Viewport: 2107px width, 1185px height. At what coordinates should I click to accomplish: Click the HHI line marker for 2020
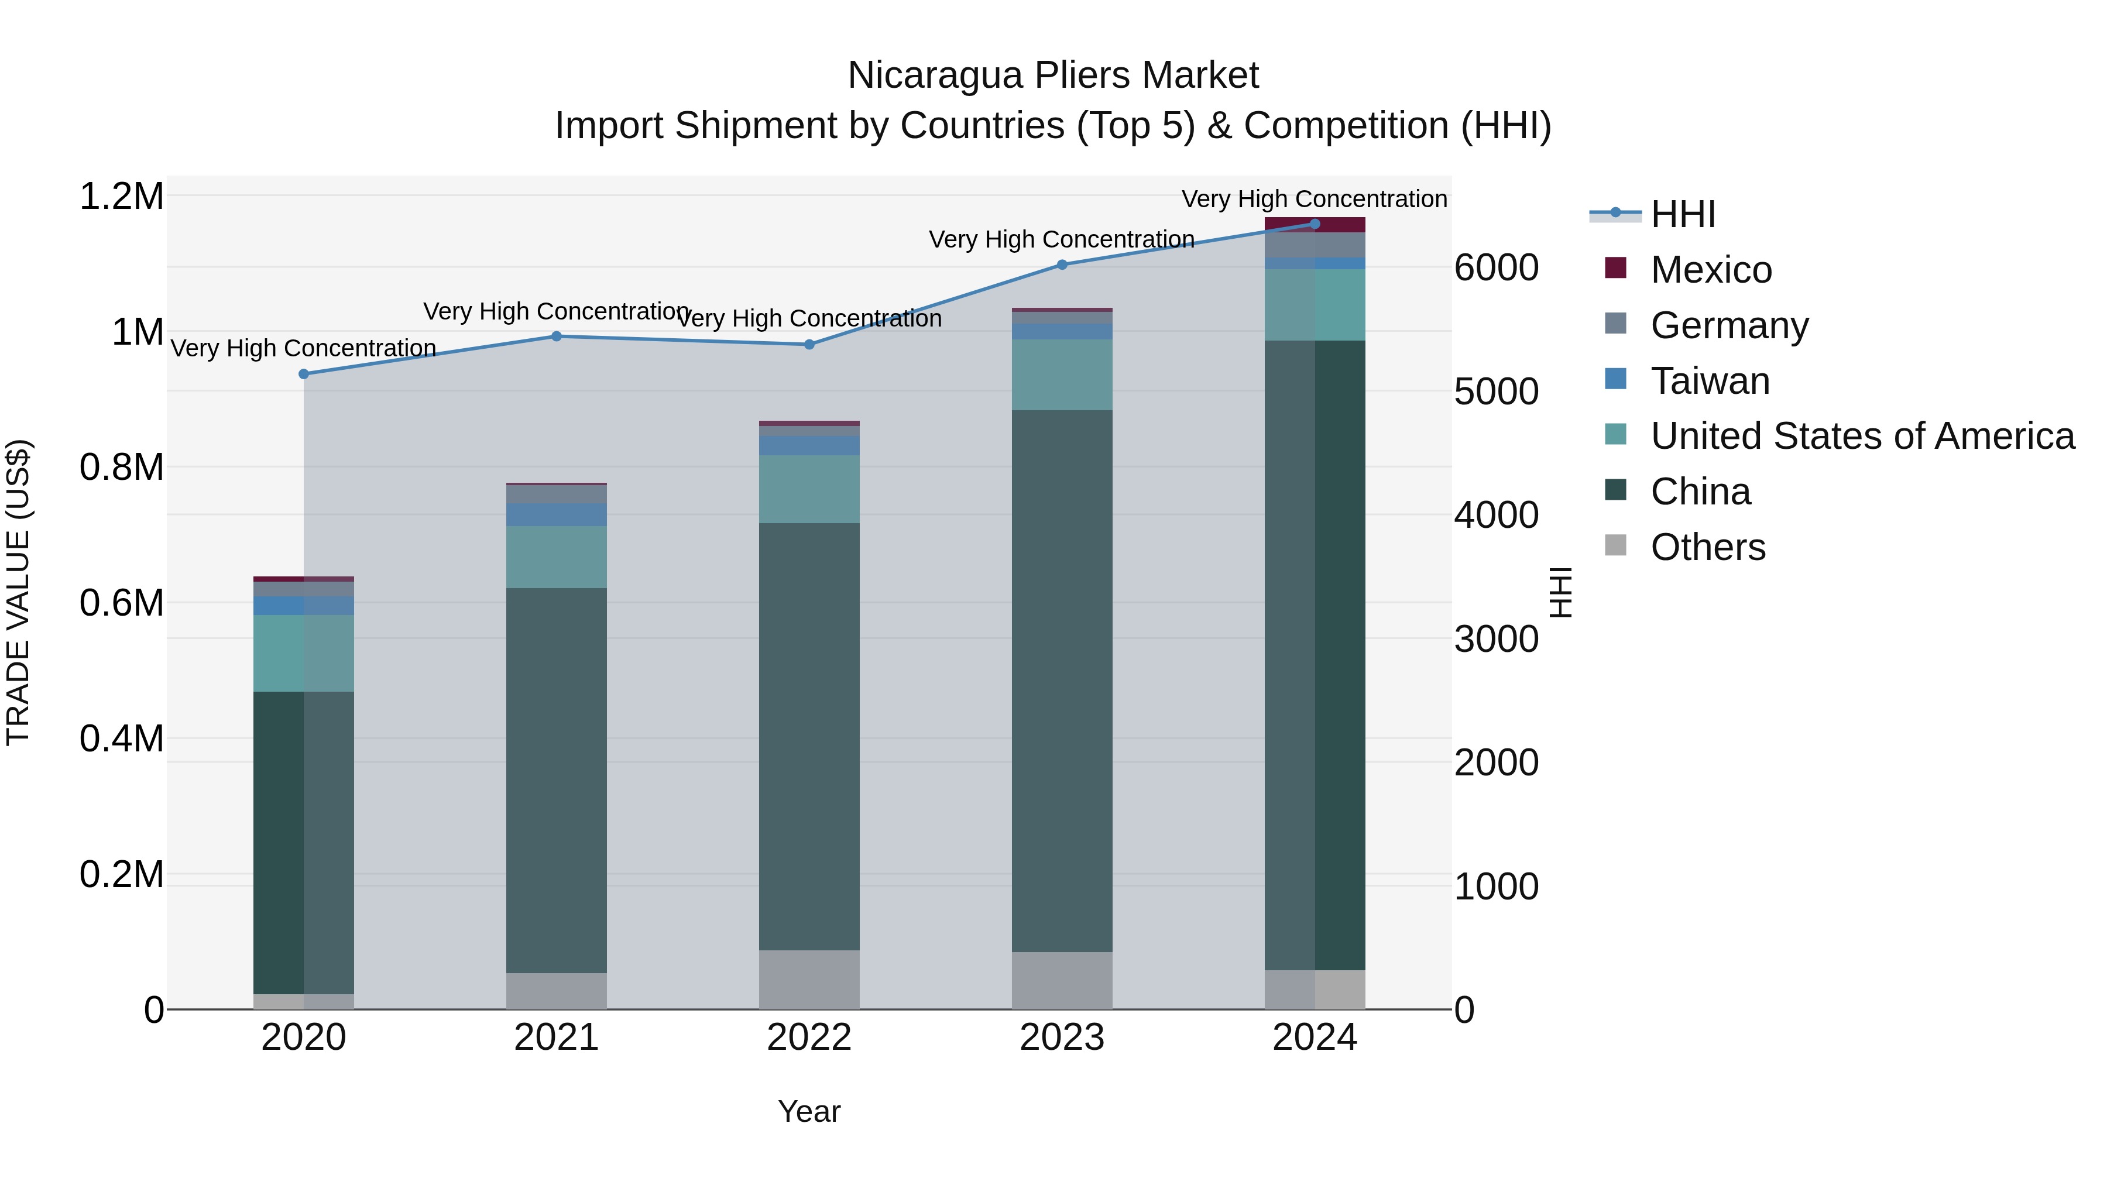303,374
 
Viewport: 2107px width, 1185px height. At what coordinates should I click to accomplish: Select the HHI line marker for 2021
556,336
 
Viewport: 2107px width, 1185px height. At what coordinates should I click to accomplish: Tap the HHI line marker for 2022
809,344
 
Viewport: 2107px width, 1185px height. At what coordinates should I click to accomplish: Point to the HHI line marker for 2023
1062,264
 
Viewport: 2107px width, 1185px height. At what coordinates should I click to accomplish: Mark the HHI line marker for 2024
1315,224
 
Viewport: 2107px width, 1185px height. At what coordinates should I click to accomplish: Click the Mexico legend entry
1710,270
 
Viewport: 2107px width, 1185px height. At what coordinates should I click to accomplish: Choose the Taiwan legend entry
1710,381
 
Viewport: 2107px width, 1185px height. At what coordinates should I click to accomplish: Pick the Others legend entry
1707,547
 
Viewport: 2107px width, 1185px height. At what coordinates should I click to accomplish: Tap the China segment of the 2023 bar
1062,681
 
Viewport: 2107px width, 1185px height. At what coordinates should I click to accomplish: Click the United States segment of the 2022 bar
809,489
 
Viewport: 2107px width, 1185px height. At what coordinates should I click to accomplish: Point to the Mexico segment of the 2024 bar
1315,225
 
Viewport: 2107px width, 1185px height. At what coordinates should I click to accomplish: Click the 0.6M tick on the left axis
121,603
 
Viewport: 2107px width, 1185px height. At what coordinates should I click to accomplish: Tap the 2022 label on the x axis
809,1038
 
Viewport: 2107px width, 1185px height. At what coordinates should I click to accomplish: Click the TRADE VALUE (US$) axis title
18,592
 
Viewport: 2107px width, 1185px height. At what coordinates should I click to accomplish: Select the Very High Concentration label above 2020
303,348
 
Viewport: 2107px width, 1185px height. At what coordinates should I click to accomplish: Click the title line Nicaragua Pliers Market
1053,75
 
